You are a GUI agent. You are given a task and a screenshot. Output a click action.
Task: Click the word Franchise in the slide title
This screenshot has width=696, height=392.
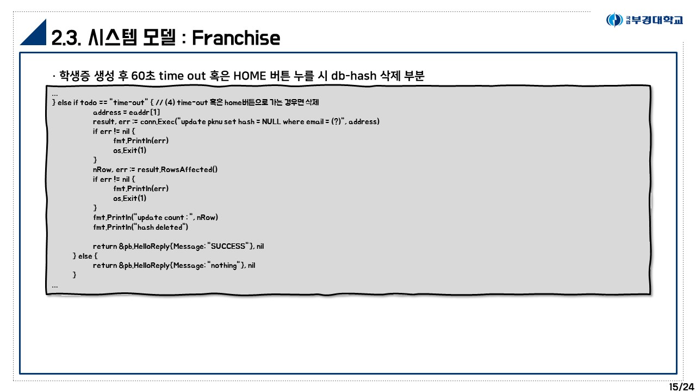pyautogui.click(x=236, y=38)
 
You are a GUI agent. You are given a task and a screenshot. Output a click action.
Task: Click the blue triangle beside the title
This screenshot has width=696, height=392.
pyautogui.click(x=33, y=34)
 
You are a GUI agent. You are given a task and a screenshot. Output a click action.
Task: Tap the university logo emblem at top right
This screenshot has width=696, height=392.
pyautogui.click(x=614, y=20)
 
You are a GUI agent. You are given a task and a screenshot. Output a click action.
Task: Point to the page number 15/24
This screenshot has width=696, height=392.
pyautogui.click(x=681, y=387)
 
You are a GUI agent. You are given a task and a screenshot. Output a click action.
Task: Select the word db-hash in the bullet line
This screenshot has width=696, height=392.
pyautogui.click(x=353, y=76)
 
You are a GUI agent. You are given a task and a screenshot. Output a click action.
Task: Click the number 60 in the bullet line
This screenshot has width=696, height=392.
pyautogui.click(x=138, y=76)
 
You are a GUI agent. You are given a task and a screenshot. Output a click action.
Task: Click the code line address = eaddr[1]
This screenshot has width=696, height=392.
pyautogui.click(x=126, y=112)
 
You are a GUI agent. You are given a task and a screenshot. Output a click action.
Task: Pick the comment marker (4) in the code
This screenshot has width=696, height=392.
pyautogui.click(x=170, y=102)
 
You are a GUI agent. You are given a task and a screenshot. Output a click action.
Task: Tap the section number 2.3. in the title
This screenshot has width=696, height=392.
pyautogui.click(x=67, y=38)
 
